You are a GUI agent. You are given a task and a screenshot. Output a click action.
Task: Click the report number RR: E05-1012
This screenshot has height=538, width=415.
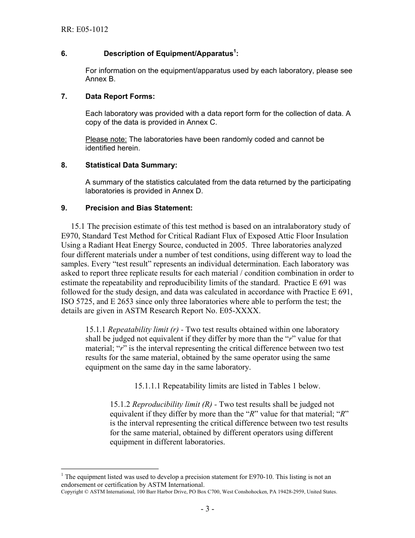point(84,30)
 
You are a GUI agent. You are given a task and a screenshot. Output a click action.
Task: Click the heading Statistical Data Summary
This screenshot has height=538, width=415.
point(131,165)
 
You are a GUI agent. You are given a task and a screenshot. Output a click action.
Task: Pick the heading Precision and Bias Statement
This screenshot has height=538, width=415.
point(138,208)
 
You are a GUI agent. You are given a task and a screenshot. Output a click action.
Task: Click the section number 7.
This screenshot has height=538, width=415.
point(64,96)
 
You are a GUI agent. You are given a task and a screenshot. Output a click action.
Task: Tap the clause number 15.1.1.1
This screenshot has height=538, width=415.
point(148,386)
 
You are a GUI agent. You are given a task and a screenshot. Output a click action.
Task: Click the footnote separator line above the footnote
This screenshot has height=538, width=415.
point(110,468)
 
